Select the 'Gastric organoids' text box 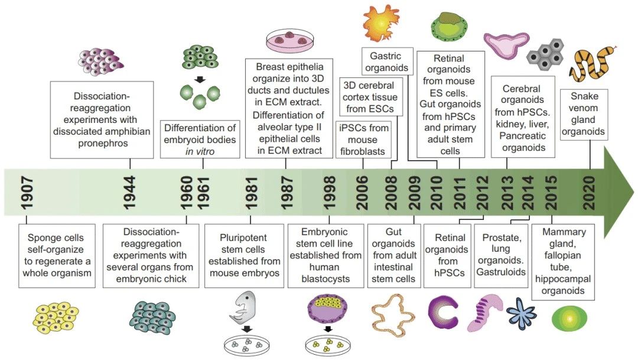(386, 61)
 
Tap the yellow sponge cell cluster (57, 323)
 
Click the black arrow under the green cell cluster (200, 79)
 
